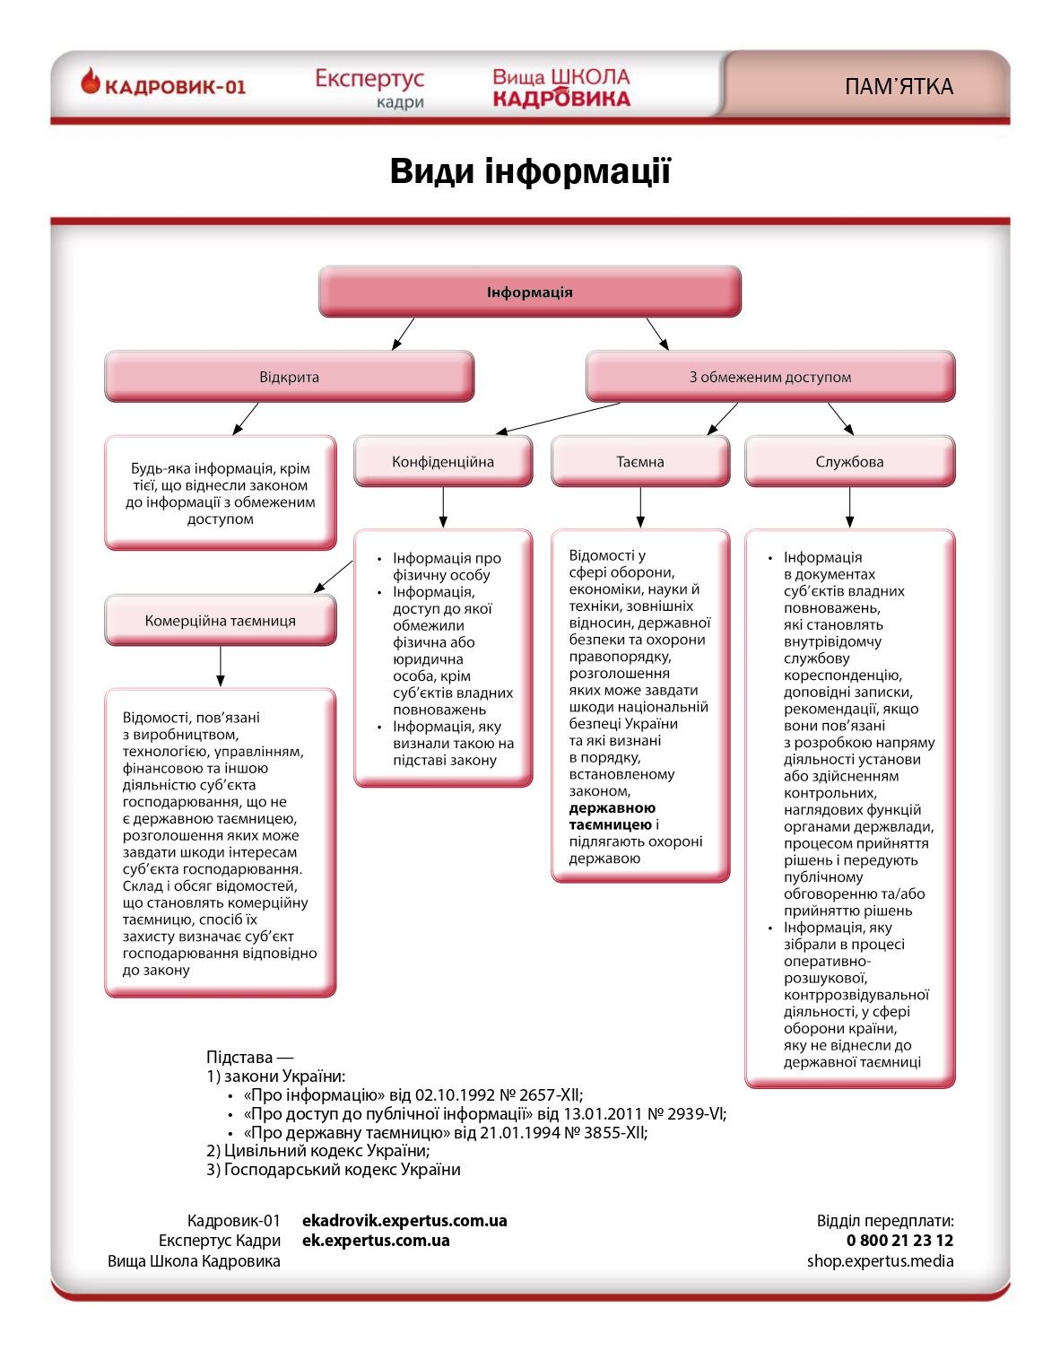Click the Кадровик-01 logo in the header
pos(163,85)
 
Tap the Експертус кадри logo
pos(369,88)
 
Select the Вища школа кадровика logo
pos(561,88)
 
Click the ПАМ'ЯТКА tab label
pos(899,87)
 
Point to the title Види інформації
pos(530,171)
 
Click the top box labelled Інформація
pos(530,292)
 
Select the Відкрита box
pos(289,377)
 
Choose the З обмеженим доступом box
pos(770,377)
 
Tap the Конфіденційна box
pos(443,462)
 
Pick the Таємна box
pos(640,462)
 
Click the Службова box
pos(849,462)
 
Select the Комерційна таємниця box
pos(221,621)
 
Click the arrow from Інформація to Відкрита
pos(404,333)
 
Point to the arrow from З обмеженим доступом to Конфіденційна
pos(558,419)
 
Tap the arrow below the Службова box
pos(849,508)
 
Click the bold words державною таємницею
pos(612,816)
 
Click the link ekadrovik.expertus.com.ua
pos(404,1221)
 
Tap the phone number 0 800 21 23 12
pos(899,1241)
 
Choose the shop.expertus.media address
pos(880,1261)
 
